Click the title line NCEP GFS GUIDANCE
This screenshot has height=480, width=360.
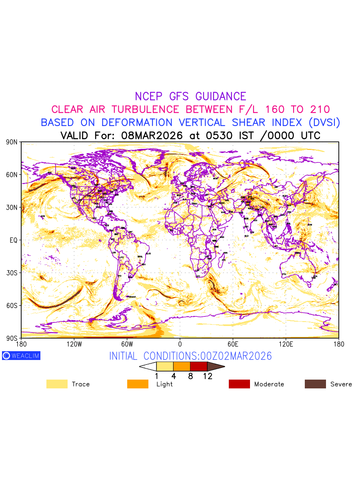pos(190,96)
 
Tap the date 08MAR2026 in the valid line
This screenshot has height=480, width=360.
pos(152,136)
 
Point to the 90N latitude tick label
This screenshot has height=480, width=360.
pos(12,142)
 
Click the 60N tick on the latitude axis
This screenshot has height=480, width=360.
pos(12,175)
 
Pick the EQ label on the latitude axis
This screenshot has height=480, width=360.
pos(13,240)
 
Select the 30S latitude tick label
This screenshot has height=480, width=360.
pos(12,273)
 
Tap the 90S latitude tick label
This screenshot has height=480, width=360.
pos(12,338)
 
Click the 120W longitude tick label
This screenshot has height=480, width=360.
pos(74,344)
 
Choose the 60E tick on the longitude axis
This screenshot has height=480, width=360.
pos(233,344)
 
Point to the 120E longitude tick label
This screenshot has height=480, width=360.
pos(286,344)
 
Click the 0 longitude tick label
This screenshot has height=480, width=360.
pos(180,344)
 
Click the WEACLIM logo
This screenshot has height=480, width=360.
pos(21,356)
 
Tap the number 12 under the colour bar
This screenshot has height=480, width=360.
pos(208,376)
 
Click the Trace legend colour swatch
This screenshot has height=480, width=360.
pos(57,384)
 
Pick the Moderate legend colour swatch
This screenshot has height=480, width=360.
pos(239,384)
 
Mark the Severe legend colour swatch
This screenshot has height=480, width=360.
pos(315,384)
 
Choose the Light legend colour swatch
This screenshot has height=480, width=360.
pos(138,384)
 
